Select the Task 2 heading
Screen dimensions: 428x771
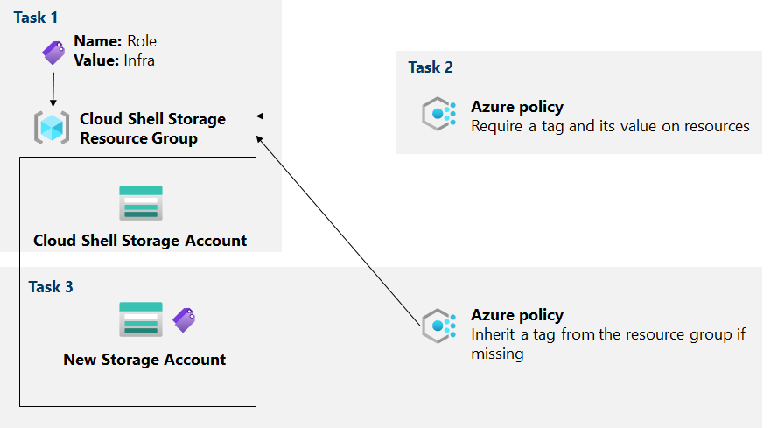(x=431, y=67)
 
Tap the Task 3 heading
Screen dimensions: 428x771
(x=51, y=287)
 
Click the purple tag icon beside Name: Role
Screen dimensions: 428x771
(x=54, y=52)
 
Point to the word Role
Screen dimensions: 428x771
(x=142, y=41)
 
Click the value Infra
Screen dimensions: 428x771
(x=137, y=60)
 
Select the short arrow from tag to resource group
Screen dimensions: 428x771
(x=53, y=88)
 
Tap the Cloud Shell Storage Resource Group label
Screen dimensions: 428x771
(x=152, y=128)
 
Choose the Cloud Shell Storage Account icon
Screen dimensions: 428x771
(x=140, y=203)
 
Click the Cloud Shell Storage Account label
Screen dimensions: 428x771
(x=140, y=240)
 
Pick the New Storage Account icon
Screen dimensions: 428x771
(x=140, y=320)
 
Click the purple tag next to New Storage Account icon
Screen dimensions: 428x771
(x=184, y=319)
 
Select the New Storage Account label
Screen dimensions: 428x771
(x=144, y=360)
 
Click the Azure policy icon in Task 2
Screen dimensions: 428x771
(x=438, y=116)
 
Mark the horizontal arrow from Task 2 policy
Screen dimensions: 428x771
(x=333, y=116)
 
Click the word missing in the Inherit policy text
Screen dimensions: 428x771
(x=497, y=354)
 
